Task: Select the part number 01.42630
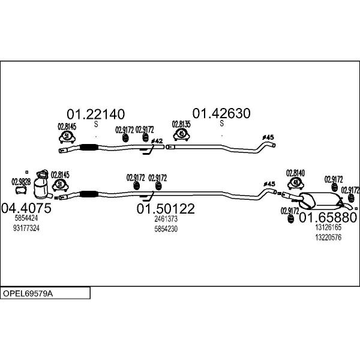(x=221, y=113)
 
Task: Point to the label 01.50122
(x=166, y=209)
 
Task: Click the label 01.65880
(x=328, y=217)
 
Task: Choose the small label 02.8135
(x=181, y=125)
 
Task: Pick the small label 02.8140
(x=295, y=173)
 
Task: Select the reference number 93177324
(x=26, y=229)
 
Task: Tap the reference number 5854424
(x=26, y=219)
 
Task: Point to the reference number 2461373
(x=166, y=219)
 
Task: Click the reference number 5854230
(x=166, y=229)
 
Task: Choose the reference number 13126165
(x=328, y=227)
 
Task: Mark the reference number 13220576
(x=328, y=237)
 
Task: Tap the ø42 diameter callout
(x=157, y=141)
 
